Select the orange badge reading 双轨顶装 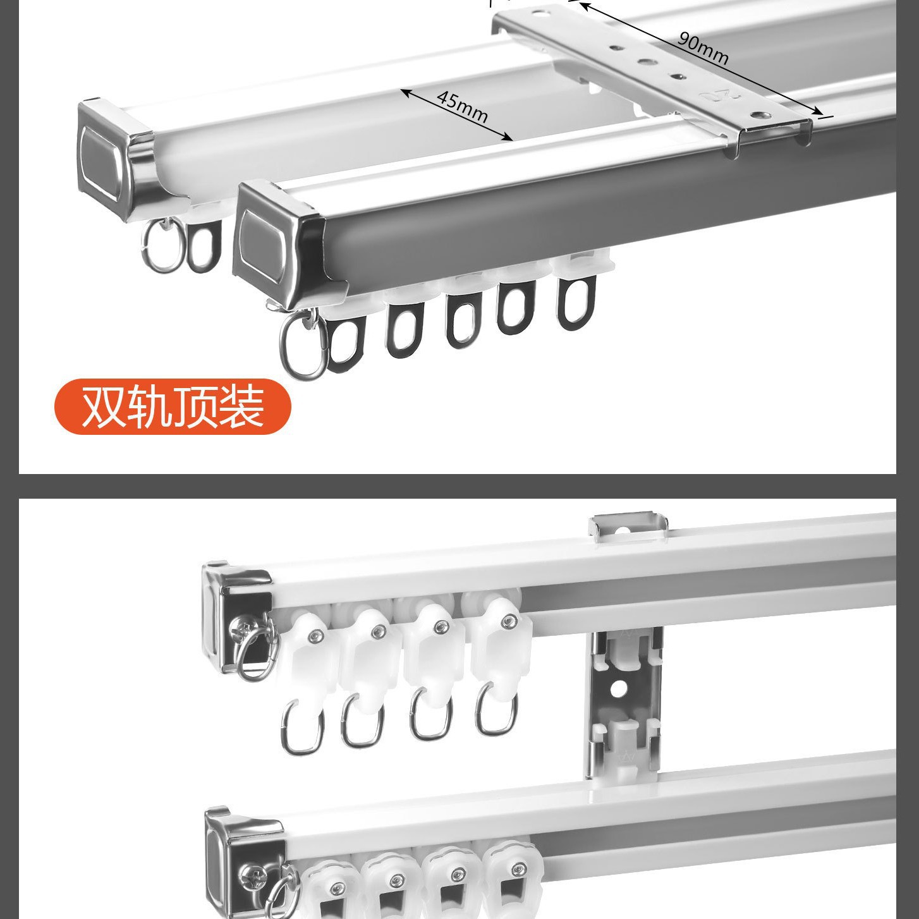173,406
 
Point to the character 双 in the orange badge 104,406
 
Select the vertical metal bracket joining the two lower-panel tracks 625,705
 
